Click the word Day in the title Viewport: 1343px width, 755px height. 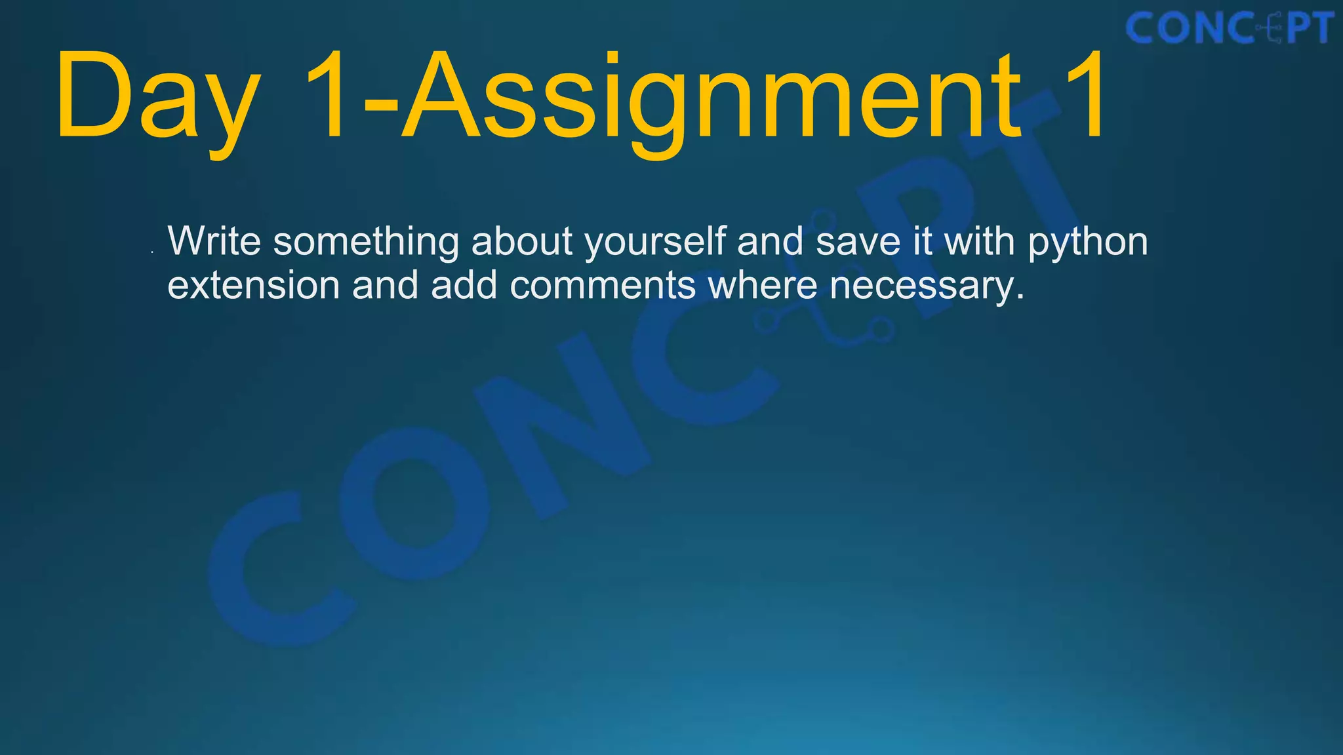(157, 98)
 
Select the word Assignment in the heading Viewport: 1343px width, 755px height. (712, 98)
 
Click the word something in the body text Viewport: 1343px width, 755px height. (366, 242)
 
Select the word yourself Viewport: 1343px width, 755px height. (655, 242)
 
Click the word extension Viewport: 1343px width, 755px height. (253, 286)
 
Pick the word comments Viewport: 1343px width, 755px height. (603, 286)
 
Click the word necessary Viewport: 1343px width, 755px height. (926, 287)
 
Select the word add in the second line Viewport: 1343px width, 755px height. (464, 286)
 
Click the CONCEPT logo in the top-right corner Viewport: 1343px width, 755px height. (1229, 29)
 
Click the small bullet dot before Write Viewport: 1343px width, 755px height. (152, 252)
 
